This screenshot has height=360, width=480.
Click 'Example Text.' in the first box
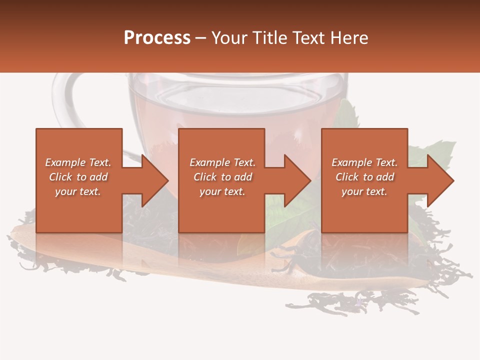(x=78, y=162)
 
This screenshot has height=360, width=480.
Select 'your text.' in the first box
(x=78, y=191)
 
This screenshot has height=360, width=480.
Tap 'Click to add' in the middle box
(x=222, y=177)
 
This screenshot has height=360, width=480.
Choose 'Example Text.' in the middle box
(x=222, y=162)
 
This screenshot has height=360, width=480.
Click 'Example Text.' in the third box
(x=364, y=162)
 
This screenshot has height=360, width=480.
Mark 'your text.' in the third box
(x=364, y=191)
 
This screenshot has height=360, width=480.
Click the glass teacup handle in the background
(x=62, y=100)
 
